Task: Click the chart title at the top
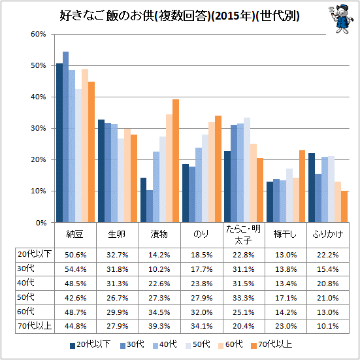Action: click(179, 16)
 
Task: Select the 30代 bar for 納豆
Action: click(66, 137)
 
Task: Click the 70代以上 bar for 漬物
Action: click(176, 161)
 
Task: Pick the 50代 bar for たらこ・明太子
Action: click(247, 170)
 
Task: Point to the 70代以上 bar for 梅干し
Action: click(302, 186)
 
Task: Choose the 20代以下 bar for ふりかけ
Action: click(312, 188)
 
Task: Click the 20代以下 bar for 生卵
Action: click(101, 171)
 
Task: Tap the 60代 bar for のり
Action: click(212, 172)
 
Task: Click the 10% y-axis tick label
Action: click(39, 191)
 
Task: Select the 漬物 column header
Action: click(159, 234)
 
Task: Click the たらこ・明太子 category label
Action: click(243, 235)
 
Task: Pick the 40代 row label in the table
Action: click(25, 283)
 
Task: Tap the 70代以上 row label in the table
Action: click(35, 325)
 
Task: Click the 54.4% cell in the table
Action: click(76, 269)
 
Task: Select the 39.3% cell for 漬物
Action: click(159, 326)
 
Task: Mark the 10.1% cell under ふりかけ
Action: click(327, 326)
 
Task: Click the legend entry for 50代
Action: click(198, 344)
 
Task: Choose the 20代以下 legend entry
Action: click(90, 344)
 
